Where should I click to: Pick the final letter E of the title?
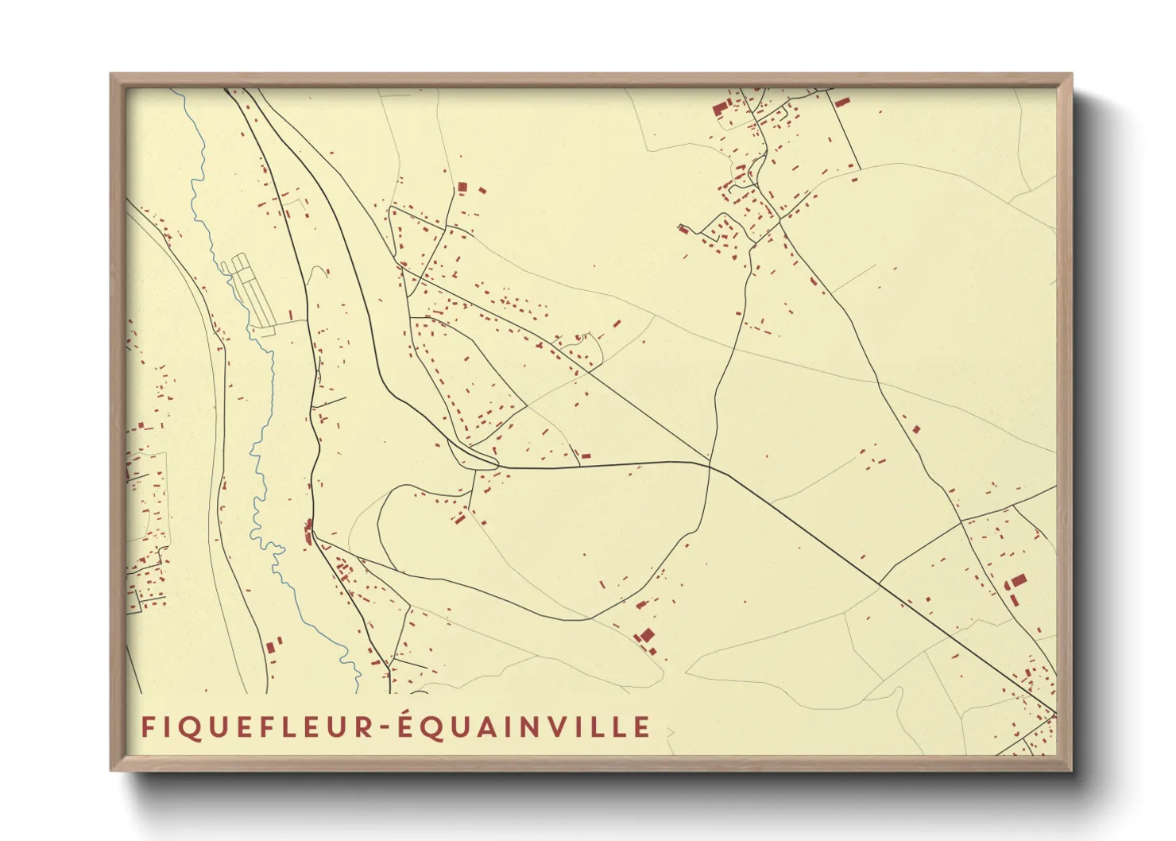(x=643, y=727)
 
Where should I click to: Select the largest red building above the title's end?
(x=647, y=635)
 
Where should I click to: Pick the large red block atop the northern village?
(x=720, y=108)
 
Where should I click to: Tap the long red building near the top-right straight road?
(x=841, y=102)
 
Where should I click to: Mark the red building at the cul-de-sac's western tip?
(x=683, y=230)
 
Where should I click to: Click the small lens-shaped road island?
(x=472, y=455)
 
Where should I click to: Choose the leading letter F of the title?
(x=147, y=727)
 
